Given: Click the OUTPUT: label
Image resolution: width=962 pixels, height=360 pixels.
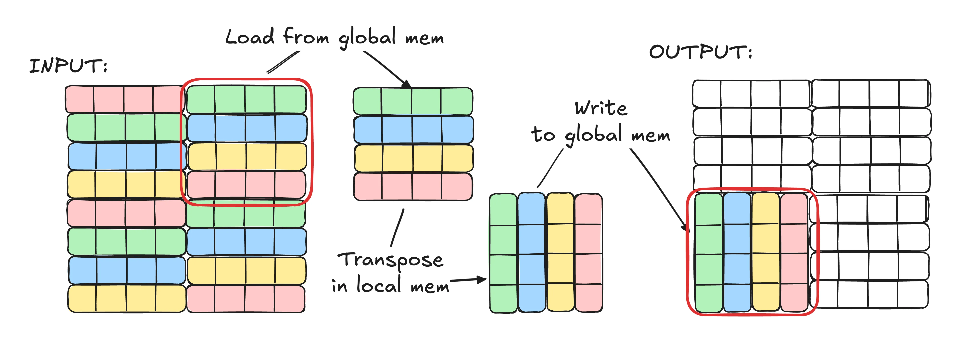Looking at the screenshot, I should (x=700, y=52).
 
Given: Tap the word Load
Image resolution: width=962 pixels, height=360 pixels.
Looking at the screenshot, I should (x=249, y=37).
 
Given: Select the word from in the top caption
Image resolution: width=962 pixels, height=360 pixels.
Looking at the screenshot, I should (x=306, y=37).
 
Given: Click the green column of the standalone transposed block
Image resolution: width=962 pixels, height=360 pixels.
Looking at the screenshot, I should (x=503, y=253).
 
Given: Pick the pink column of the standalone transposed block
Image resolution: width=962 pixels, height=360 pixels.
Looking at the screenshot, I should (x=588, y=253).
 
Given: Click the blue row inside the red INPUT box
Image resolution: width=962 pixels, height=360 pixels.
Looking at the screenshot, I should (x=247, y=128).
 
